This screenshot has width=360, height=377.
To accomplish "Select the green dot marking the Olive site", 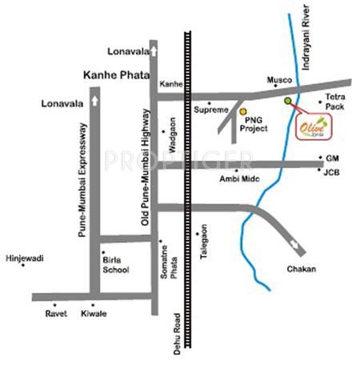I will coord(287,101).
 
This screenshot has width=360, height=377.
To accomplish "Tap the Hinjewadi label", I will coord(25,259).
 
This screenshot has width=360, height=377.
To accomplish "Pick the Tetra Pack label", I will coord(334,101).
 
